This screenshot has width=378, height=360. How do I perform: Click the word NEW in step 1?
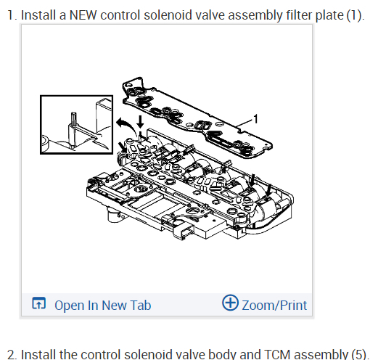[83, 15]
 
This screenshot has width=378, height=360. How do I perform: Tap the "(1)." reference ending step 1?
[356, 15]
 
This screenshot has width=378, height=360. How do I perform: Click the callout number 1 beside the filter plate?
[255, 119]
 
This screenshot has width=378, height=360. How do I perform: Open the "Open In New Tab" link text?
[103, 306]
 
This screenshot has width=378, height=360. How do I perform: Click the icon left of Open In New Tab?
[38, 303]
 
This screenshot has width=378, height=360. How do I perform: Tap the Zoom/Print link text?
[274, 306]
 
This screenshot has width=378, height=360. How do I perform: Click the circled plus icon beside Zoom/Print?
[230, 303]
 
